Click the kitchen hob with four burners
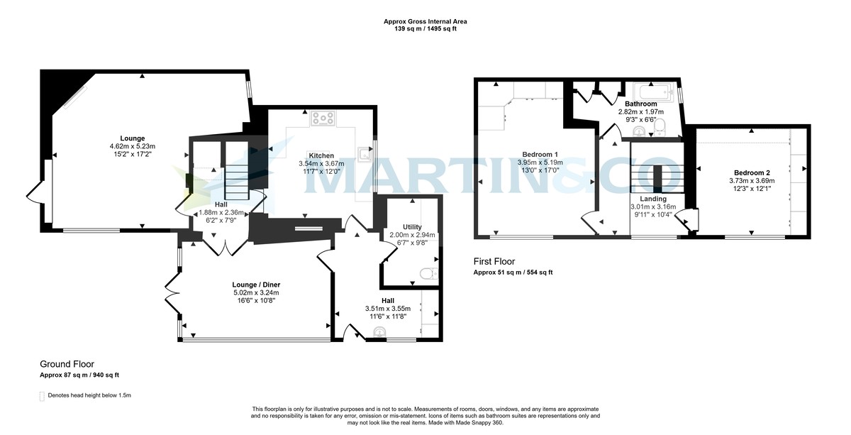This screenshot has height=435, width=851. pyautogui.click(x=323, y=119)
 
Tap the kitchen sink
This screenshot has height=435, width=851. pyautogui.click(x=365, y=151)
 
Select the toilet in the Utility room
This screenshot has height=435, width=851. pyautogui.click(x=427, y=273)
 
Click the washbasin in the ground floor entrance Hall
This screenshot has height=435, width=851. pyautogui.click(x=387, y=330)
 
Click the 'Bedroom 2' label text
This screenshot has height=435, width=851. pyautogui.click(x=752, y=172)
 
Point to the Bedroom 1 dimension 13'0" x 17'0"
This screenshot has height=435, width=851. pyautogui.click(x=540, y=170)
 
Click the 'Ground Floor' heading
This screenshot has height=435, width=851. pyautogui.click(x=67, y=364)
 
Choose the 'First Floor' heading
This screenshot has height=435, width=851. pyautogui.click(x=494, y=261)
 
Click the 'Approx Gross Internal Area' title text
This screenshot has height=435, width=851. pyautogui.click(x=425, y=22)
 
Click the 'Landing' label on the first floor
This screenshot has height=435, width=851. pyautogui.click(x=652, y=199)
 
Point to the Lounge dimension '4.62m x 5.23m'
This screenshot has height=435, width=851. pyautogui.click(x=133, y=146)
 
